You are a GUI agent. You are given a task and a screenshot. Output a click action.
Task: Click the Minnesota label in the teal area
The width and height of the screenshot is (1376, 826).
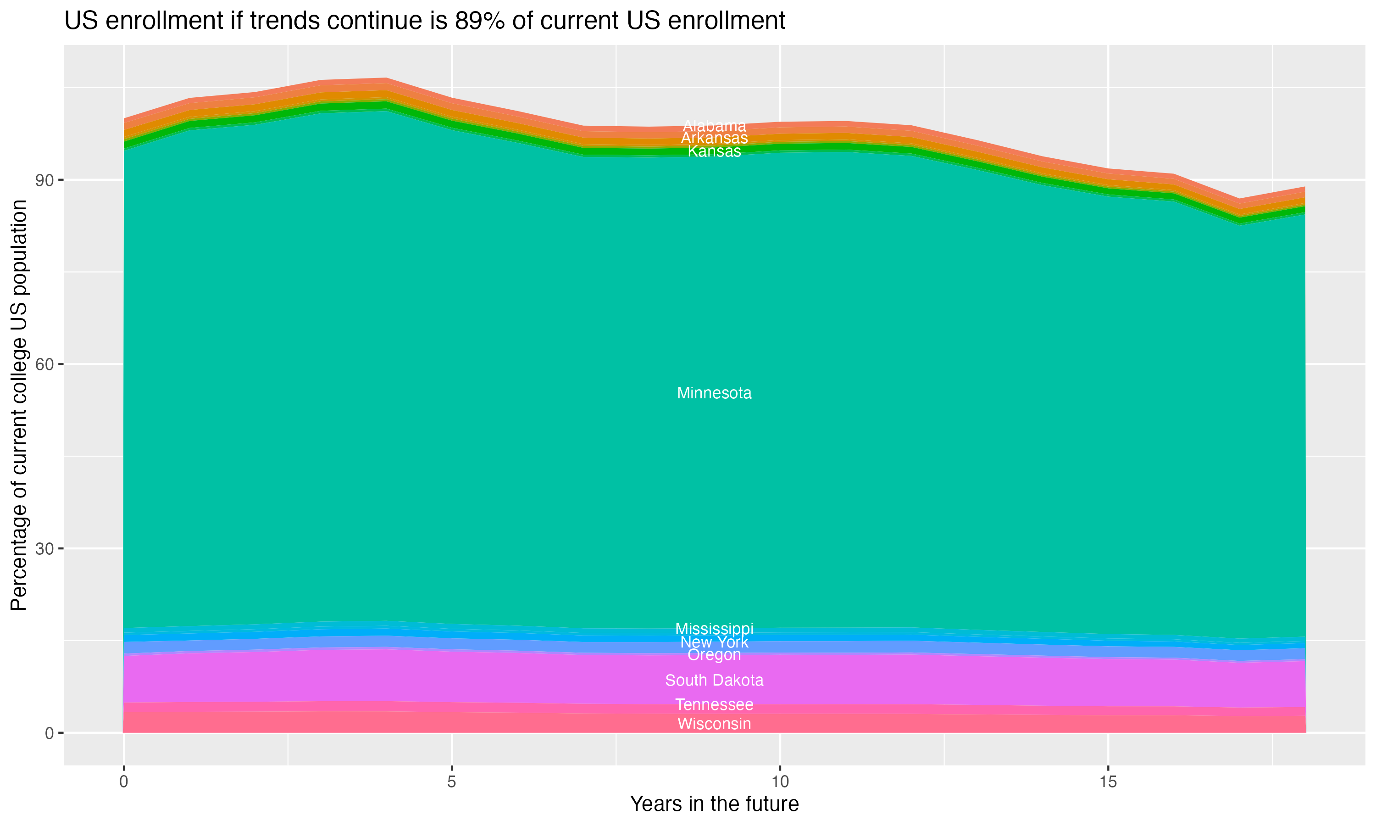click(714, 393)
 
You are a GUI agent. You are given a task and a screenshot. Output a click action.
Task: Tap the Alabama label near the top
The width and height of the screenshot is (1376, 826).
click(714, 126)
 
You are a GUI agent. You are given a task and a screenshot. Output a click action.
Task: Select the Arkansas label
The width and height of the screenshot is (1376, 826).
click(714, 138)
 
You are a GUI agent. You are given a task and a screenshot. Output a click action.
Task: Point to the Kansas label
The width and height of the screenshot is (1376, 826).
click(714, 151)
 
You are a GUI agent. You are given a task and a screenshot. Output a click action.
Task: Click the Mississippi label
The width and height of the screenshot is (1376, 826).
click(714, 629)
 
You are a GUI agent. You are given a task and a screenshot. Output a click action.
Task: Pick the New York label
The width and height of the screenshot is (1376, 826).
click(714, 642)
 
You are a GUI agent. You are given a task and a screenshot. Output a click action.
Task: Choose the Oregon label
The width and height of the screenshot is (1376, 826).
click(714, 655)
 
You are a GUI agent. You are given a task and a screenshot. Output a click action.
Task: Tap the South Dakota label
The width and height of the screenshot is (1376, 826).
click(714, 680)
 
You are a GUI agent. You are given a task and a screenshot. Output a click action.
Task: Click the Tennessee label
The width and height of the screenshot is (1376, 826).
click(714, 705)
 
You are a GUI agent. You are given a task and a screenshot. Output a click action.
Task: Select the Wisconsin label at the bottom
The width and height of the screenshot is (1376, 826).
click(714, 724)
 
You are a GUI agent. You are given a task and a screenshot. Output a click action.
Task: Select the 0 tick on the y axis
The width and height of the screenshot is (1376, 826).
click(49, 733)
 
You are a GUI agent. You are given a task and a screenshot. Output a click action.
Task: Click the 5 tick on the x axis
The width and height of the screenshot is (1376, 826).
click(452, 781)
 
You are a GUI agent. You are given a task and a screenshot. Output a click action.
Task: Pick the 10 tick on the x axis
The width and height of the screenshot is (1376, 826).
click(780, 781)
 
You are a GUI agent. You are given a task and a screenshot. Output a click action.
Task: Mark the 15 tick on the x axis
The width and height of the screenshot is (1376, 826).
click(1108, 781)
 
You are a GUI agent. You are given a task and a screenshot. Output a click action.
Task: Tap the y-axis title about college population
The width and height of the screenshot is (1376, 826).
click(19, 405)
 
